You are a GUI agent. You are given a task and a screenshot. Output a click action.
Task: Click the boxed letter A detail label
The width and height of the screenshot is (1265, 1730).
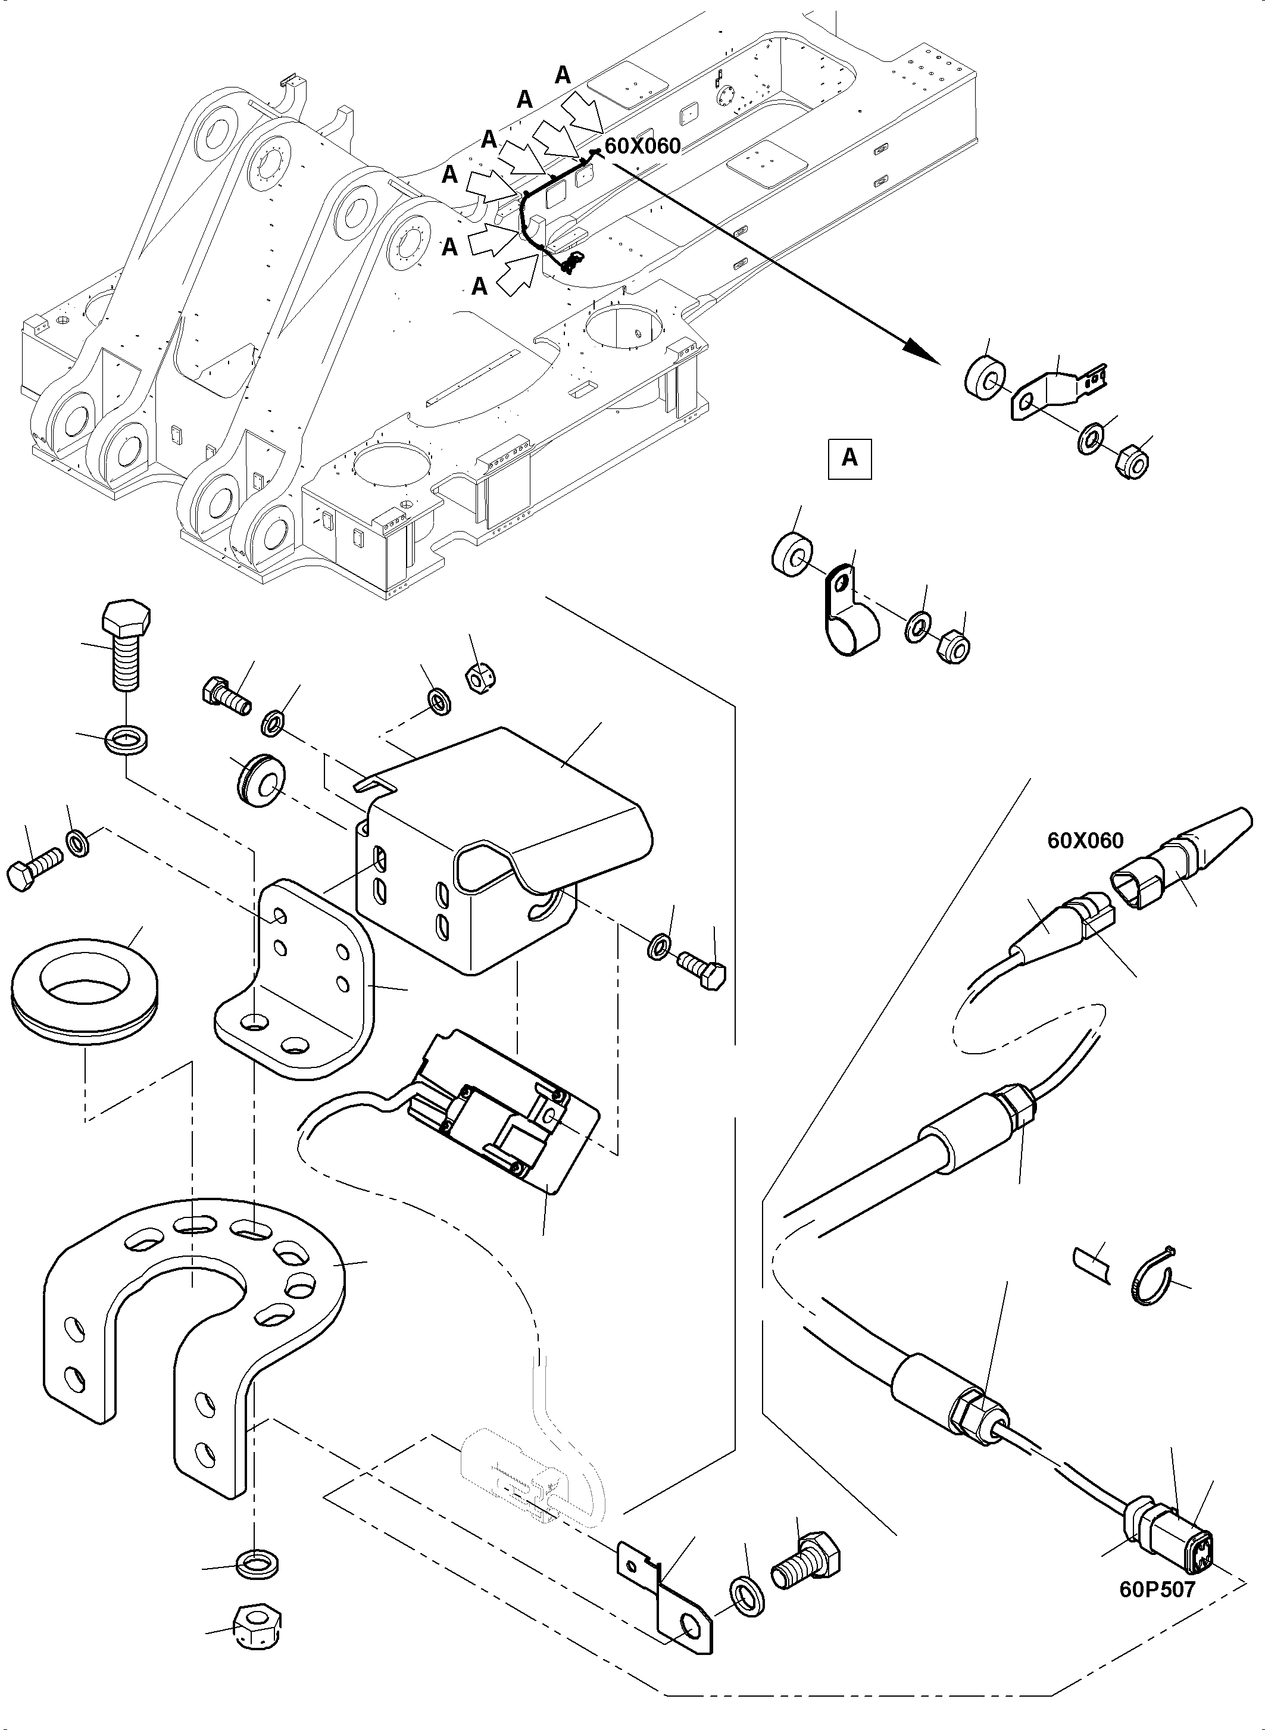849,458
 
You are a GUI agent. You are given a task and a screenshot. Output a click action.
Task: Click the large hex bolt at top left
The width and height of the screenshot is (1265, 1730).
125,644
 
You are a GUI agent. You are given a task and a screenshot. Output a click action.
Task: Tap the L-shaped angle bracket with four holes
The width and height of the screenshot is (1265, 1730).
295,988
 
